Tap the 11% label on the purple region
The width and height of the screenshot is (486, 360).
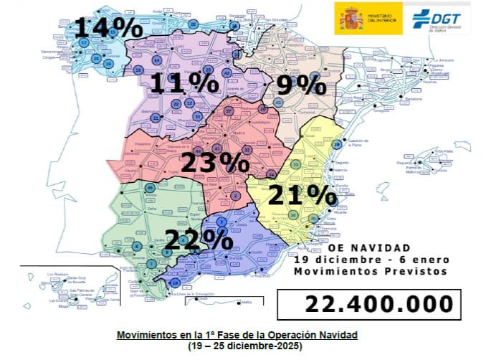(x=184, y=84)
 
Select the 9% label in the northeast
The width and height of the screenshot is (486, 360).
(x=301, y=85)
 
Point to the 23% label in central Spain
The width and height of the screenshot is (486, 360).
(x=214, y=163)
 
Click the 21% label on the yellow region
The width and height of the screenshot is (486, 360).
(x=302, y=194)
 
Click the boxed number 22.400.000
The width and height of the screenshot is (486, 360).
(x=379, y=303)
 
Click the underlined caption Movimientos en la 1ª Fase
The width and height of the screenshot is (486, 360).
(x=237, y=335)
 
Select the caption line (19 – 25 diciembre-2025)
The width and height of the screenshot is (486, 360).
(x=237, y=345)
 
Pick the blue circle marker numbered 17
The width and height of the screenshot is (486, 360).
(x=84, y=42)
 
